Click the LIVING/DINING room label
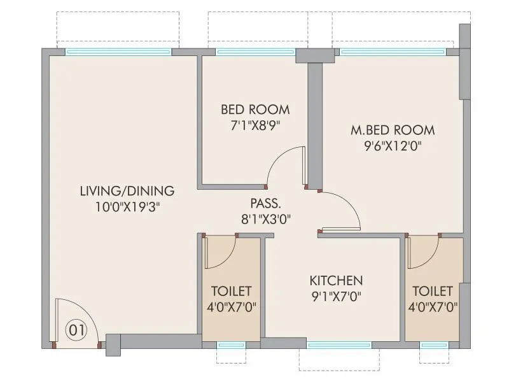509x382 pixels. point(127,190)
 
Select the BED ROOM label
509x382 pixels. point(255,109)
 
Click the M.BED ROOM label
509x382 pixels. point(393,130)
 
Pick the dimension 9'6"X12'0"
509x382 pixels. point(393,145)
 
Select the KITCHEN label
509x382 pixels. point(336,280)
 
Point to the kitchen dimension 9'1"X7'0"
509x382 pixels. point(336,295)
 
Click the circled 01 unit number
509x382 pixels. point(76,330)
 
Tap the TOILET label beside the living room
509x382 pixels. point(231,291)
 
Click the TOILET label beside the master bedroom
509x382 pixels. point(433,291)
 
